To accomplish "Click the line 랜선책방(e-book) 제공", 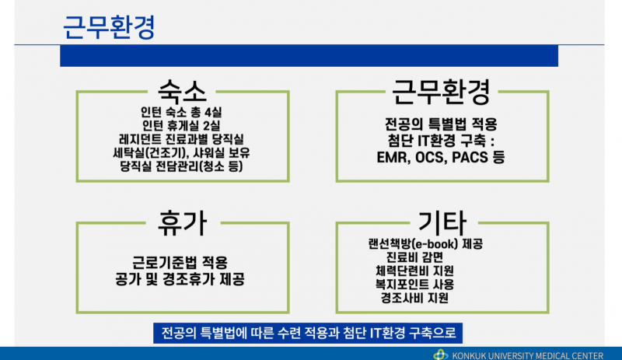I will [425, 243].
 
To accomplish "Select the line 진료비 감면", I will [425, 257].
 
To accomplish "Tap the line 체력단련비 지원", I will [425, 271].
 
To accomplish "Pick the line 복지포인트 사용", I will [425, 284].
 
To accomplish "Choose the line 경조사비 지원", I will [425, 298].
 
